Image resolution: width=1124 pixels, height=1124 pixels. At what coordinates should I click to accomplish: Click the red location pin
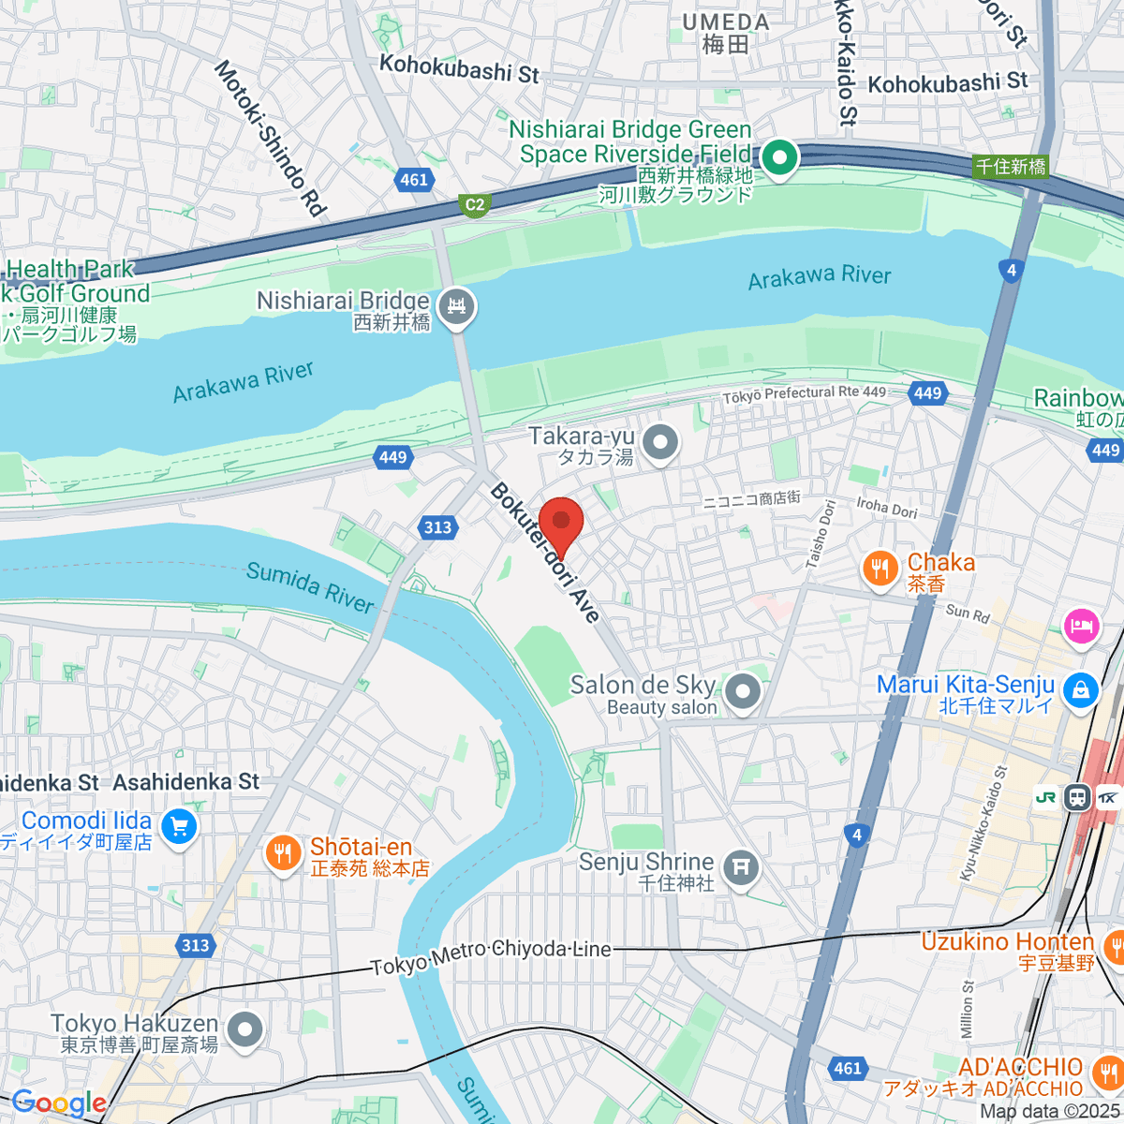tap(561, 523)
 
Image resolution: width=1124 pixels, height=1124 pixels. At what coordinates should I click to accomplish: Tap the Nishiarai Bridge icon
tap(457, 306)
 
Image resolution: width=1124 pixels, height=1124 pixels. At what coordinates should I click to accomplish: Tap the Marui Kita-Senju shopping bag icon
tap(1081, 690)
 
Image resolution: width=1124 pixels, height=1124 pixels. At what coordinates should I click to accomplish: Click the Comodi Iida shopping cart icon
tap(179, 826)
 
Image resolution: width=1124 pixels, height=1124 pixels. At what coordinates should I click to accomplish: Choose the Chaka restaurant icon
tap(880, 569)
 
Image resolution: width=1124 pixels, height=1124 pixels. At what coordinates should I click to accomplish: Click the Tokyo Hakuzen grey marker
tap(245, 1029)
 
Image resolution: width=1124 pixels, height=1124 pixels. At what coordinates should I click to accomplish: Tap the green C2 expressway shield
tap(476, 205)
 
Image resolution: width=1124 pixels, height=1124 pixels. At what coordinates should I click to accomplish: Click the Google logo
tap(58, 1102)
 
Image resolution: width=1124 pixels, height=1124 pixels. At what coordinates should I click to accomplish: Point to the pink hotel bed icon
tap(1081, 625)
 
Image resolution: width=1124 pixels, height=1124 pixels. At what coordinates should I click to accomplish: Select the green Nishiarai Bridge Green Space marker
tap(778, 157)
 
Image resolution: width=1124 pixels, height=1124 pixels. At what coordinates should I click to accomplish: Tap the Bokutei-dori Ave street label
tap(544, 553)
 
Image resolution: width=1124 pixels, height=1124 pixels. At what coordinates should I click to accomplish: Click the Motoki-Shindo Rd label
tap(270, 139)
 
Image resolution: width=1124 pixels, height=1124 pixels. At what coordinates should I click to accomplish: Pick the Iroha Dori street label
tap(886, 507)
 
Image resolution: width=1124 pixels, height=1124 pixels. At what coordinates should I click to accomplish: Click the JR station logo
tap(1046, 797)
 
